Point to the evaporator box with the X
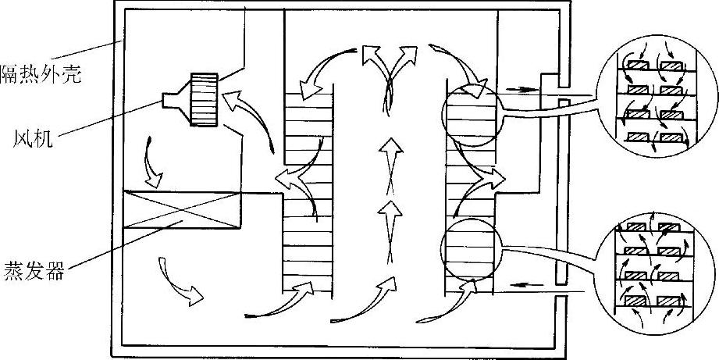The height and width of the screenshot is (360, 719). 180,211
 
